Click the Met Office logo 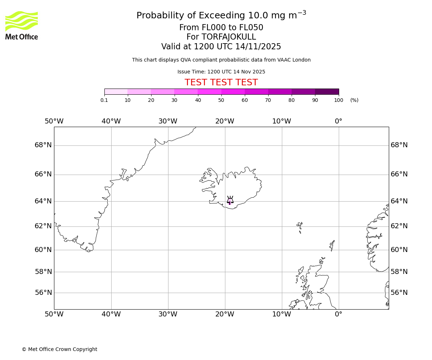click(x=22, y=25)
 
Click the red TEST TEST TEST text click(x=221, y=82)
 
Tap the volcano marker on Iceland click(x=230, y=201)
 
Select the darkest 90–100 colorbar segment click(x=327, y=91)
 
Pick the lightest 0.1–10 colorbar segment click(x=116, y=91)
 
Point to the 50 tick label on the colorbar click(x=221, y=100)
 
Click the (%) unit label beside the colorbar click(x=354, y=100)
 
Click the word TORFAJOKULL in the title click(x=229, y=37)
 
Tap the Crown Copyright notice click(x=59, y=349)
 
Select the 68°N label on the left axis click(x=43, y=145)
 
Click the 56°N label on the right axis click(x=399, y=293)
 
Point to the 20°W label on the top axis click(x=225, y=121)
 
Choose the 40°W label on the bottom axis click(x=111, y=314)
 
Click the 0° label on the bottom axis click(x=338, y=314)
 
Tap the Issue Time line click(x=221, y=72)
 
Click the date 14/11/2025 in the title click(x=258, y=46)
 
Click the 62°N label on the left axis click(x=43, y=226)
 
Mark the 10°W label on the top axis click(x=282, y=121)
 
